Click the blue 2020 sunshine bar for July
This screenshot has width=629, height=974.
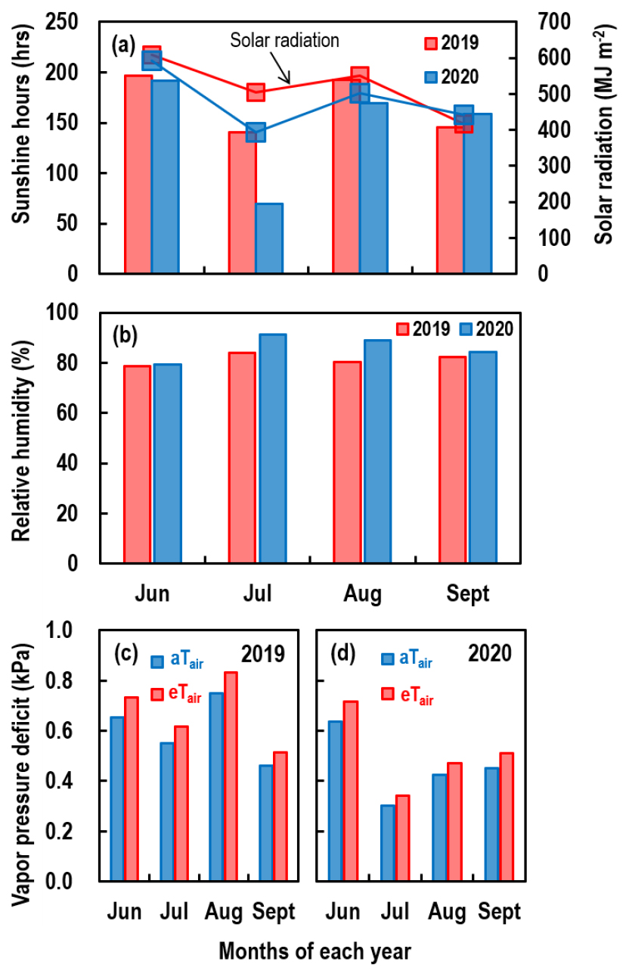[x=268, y=238]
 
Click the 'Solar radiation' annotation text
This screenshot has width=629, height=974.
[x=284, y=41]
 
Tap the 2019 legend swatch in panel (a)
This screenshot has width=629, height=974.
[x=431, y=42]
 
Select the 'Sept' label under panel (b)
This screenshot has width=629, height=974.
[x=467, y=593]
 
